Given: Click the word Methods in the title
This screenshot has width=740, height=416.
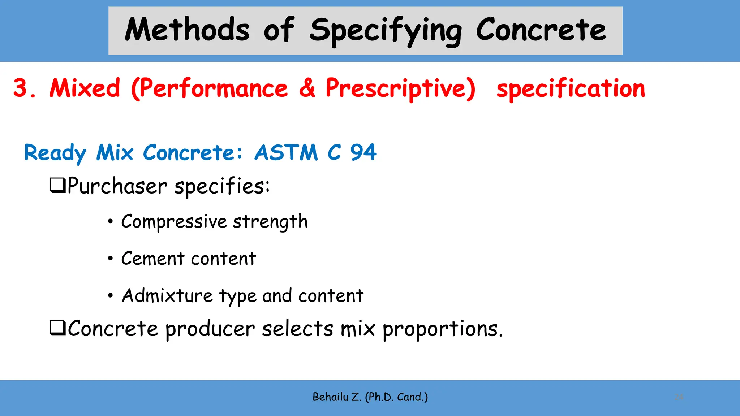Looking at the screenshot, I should click(187, 30).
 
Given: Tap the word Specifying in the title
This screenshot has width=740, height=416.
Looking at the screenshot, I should click(385, 31).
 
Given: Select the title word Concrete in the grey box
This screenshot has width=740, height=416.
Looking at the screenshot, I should click(541, 30).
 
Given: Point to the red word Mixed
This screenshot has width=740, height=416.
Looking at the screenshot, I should click(85, 88).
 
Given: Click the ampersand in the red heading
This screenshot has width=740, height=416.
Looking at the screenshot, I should click(307, 88).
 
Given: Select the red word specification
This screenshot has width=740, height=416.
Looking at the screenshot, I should click(571, 89).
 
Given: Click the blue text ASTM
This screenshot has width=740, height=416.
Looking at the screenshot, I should click(286, 152).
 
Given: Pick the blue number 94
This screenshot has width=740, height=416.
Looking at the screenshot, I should click(363, 152).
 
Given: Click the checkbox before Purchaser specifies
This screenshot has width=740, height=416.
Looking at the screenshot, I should click(57, 185).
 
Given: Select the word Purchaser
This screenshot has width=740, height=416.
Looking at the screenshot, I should click(117, 186).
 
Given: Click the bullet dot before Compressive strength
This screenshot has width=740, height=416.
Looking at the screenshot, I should click(110, 221).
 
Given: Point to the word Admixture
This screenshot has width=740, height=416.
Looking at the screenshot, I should click(167, 296).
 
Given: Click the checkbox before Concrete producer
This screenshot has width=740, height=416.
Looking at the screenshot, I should click(57, 328).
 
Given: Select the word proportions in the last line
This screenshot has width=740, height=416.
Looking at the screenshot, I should click(442, 329).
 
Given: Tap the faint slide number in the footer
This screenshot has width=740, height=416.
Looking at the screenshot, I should click(679, 397).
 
